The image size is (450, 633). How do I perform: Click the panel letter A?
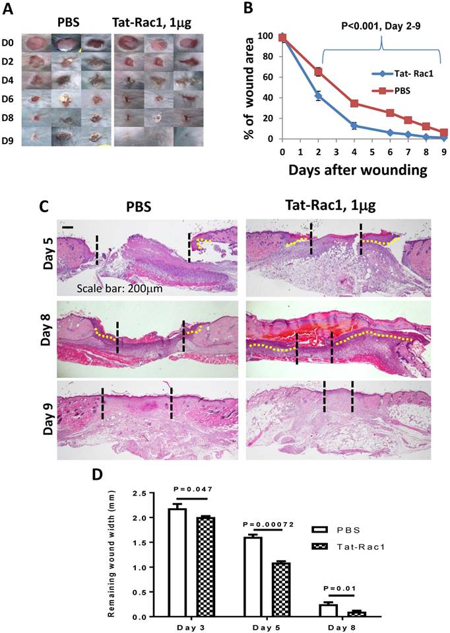tap(7, 9)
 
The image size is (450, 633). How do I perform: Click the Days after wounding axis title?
tap(357, 170)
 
